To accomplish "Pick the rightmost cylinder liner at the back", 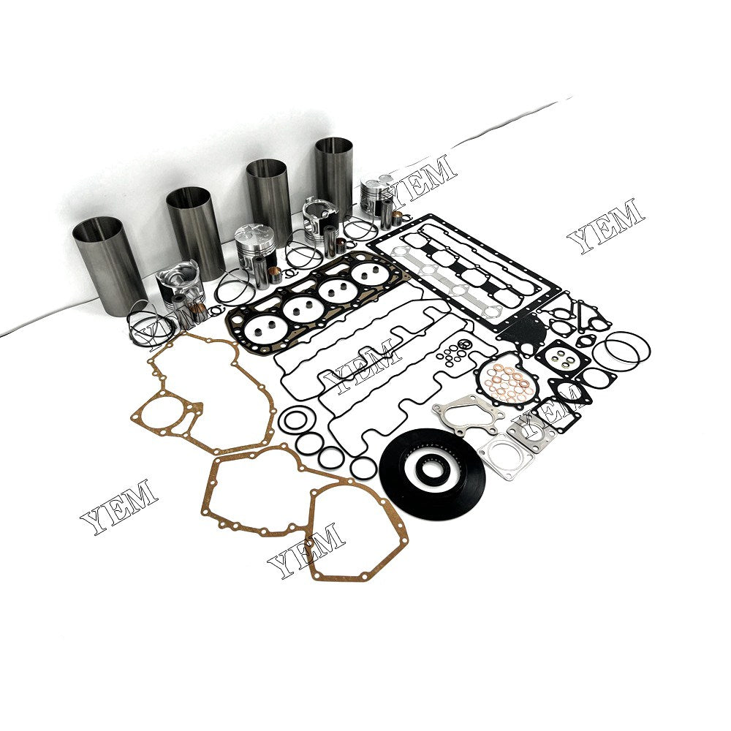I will (x=333, y=175).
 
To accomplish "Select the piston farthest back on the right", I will (x=377, y=194).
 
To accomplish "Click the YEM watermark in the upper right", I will (x=606, y=225).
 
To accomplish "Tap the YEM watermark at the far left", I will (x=118, y=507).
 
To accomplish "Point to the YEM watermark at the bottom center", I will (x=306, y=550).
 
